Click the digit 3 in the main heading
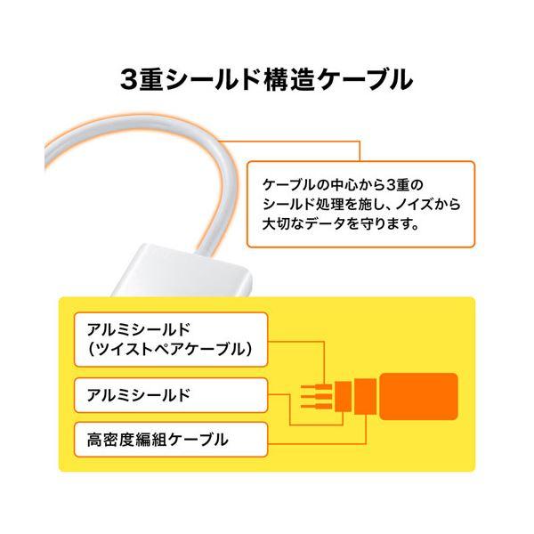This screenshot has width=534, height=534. point(129,79)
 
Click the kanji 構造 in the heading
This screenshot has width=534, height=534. point(288,79)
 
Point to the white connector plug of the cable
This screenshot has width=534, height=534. point(182,271)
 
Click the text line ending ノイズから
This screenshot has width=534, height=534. point(361,205)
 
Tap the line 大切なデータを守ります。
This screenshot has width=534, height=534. point(340,224)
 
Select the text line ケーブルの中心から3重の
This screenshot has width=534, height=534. point(343,185)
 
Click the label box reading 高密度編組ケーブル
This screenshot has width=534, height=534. point(171,440)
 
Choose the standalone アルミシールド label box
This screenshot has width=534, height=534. point(171,395)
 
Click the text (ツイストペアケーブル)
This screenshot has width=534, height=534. point(170,350)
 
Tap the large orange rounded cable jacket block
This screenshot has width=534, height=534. point(418,396)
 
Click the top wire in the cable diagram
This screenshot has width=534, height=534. point(316,387)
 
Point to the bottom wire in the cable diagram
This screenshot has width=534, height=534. point(316,407)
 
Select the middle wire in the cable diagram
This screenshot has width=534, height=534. point(316,397)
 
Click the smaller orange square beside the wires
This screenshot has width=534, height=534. point(343,396)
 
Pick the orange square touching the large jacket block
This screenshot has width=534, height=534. point(366,396)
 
